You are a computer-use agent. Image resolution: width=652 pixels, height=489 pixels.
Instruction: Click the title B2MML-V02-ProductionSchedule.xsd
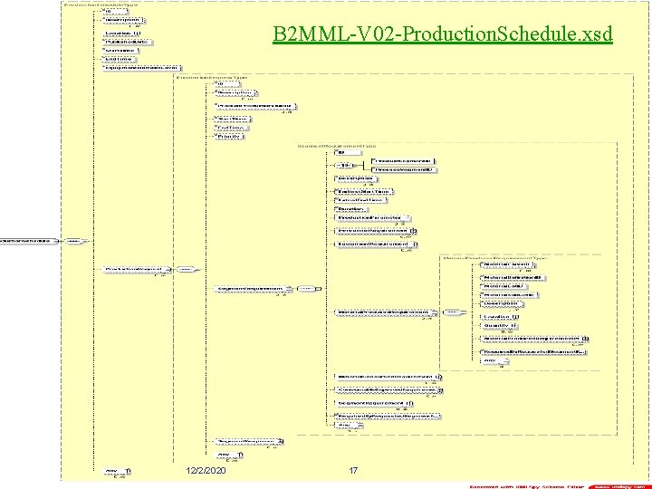pos(443,34)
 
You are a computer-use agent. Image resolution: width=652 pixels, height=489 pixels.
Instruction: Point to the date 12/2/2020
pos(205,470)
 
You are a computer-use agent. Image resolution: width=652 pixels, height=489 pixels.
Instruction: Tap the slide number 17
pos(353,470)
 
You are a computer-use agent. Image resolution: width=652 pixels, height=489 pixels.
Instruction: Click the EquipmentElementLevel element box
pos(134,67)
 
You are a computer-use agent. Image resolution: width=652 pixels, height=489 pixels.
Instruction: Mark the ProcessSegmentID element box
pos(404,169)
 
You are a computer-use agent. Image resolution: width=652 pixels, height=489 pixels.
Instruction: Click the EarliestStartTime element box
pos(362,191)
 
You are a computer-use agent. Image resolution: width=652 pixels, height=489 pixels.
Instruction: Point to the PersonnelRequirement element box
pos(376,230)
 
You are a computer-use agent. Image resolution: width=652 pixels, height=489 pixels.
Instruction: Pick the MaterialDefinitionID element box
pos(512,276)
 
